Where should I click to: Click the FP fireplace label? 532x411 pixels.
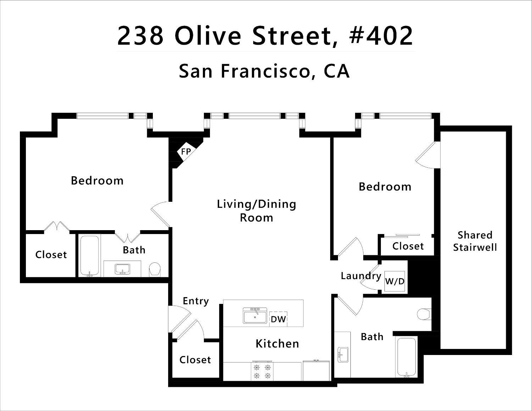(x=186, y=152)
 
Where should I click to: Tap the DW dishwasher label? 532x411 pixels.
(x=278, y=319)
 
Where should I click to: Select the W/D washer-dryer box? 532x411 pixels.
(x=395, y=282)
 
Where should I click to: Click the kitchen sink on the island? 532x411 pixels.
(x=255, y=316)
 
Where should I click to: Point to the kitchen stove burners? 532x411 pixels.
(x=261, y=371)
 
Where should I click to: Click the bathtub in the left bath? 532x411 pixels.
(x=89, y=256)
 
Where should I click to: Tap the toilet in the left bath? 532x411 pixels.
(x=155, y=269)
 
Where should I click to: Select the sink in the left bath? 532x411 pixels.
(x=122, y=269)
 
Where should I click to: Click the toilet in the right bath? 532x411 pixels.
(x=424, y=314)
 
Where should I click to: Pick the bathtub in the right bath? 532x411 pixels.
(x=406, y=357)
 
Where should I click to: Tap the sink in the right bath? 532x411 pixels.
(x=343, y=355)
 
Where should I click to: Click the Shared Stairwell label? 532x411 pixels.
(x=475, y=241)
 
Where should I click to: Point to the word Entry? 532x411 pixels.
(x=195, y=301)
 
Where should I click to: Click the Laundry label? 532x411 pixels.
(x=361, y=276)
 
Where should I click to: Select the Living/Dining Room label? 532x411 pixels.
(x=256, y=211)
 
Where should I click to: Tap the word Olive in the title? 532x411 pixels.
(x=208, y=35)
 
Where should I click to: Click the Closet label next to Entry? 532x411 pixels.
(x=195, y=360)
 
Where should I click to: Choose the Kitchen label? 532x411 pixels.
(x=277, y=344)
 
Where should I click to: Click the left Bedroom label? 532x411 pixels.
(x=97, y=180)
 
